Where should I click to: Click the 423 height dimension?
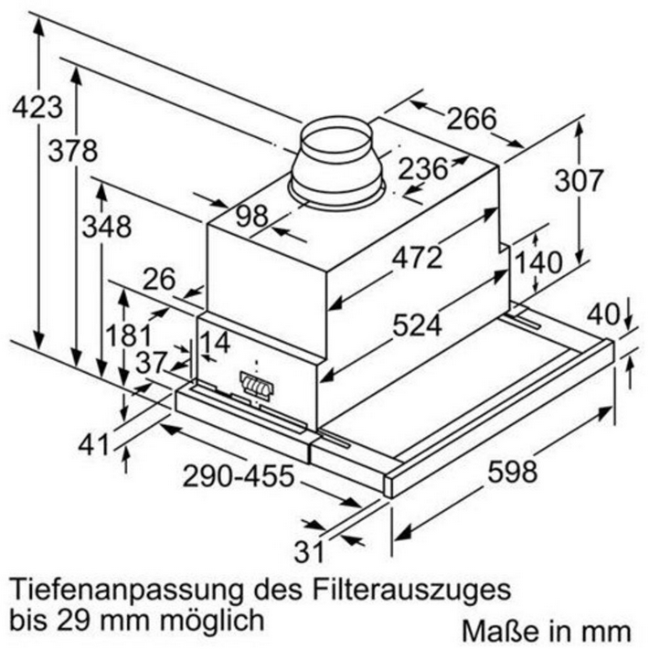(x=37, y=108)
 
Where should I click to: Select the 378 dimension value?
(x=73, y=151)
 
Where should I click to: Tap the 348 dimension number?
(x=107, y=227)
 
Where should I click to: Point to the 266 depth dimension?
(x=472, y=119)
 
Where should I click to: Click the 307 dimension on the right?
(x=578, y=181)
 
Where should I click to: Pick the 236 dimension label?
(x=423, y=169)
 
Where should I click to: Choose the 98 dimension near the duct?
(x=252, y=216)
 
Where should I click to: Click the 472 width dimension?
(x=417, y=257)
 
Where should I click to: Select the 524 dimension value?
(x=417, y=324)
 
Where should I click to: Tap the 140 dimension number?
(x=538, y=262)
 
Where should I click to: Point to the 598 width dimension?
(x=513, y=471)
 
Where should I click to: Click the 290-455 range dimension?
(x=239, y=476)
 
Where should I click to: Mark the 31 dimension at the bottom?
(x=308, y=551)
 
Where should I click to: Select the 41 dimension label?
(x=94, y=445)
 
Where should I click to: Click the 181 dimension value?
(x=128, y=335)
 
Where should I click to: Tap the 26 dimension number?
(x=159, y=279)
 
